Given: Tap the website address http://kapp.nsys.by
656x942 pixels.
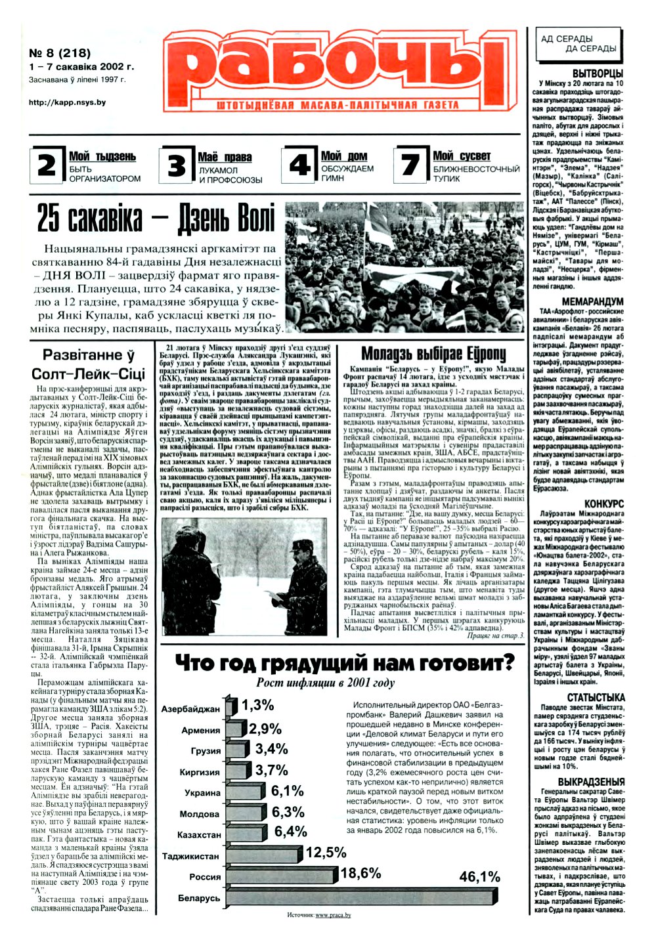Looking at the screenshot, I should (68, 102).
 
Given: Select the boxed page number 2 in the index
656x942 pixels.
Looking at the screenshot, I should (47, 165).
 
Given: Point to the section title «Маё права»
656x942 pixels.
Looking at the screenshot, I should (225, 157).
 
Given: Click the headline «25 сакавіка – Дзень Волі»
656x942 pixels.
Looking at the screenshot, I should (156, 219).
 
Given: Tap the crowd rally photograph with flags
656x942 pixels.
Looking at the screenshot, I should (404, 268).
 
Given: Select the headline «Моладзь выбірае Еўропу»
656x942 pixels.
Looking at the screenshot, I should (433, 354).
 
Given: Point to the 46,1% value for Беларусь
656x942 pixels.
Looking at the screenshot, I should (479, 877).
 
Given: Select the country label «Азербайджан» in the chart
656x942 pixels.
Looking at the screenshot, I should (190, 710).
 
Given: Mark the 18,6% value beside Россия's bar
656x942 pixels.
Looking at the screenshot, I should (361, 872).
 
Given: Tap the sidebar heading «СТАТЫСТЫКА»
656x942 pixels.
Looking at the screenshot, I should (596, 697).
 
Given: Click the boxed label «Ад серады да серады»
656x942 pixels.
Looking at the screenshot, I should (578, 44).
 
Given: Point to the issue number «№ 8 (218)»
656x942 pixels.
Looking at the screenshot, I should (60, 53).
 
